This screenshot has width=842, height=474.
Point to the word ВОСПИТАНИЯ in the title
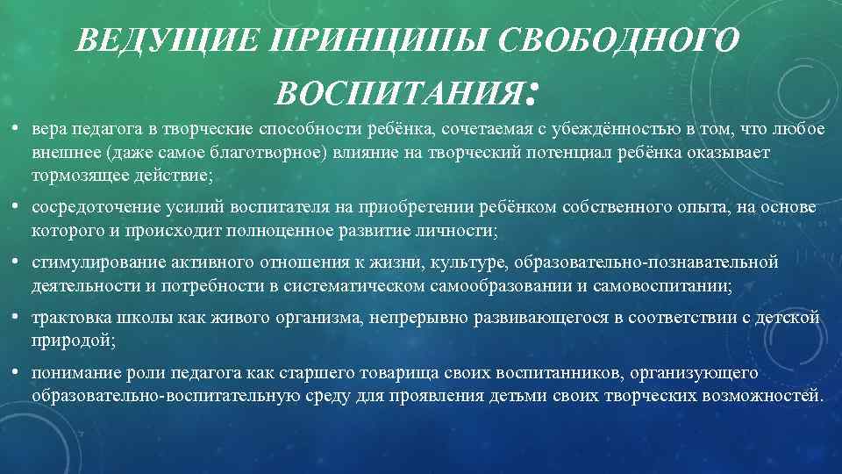(395, 90)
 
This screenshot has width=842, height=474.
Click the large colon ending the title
(532, 89)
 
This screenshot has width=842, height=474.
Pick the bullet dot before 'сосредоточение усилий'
(16, 207)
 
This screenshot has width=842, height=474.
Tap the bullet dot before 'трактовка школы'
(16, 317)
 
